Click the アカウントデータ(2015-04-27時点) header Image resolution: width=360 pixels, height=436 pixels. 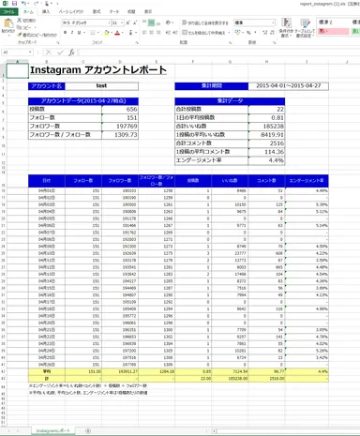click(83, 100)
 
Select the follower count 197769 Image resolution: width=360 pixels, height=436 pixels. click(126, 126)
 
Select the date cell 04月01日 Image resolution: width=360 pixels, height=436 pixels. click(45, 189)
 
